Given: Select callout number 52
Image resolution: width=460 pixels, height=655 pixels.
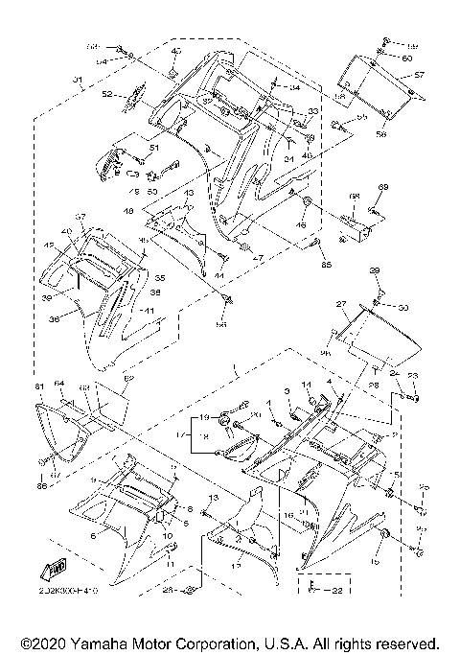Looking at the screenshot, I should point(106,94).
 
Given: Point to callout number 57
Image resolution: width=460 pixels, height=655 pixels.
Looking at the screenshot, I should point(418,73).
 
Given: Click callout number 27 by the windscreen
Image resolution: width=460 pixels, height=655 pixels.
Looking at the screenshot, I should point(339,303).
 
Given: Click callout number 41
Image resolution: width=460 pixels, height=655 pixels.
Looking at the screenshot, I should point(149,312).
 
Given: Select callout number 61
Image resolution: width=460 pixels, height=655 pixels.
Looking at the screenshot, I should point(40,386).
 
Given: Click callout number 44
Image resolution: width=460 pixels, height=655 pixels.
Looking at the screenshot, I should point(218,276).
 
